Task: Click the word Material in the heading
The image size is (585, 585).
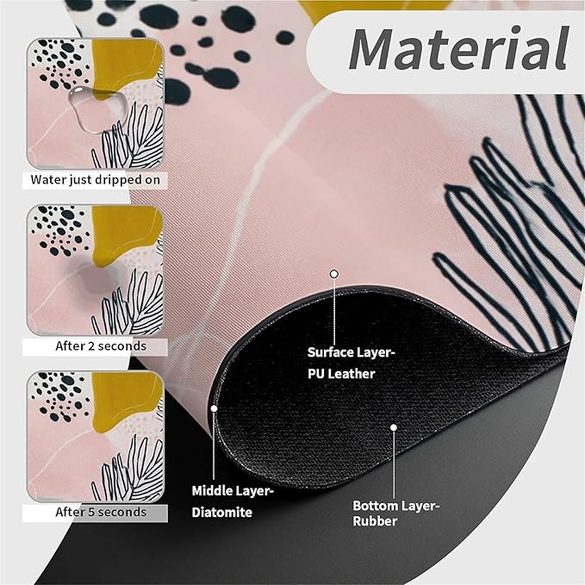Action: point(458,49)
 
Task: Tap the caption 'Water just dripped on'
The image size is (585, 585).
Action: point(95,180)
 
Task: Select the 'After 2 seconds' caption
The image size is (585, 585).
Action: point(101,346)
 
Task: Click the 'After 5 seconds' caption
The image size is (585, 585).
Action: point(101,512)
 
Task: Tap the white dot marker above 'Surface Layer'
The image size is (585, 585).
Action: point(334,274)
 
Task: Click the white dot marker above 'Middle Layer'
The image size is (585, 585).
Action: point(214,408)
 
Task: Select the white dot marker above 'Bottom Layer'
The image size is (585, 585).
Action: point(394,427)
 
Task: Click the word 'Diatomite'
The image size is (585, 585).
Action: point(222,513)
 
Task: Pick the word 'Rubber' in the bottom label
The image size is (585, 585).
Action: point(375,521)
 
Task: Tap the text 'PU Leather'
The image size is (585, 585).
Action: point(341,374)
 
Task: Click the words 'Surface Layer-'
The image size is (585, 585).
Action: point(351,352)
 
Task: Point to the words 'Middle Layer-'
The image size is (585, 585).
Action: point(233,491)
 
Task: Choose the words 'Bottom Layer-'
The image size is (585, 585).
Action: point(396,507)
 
